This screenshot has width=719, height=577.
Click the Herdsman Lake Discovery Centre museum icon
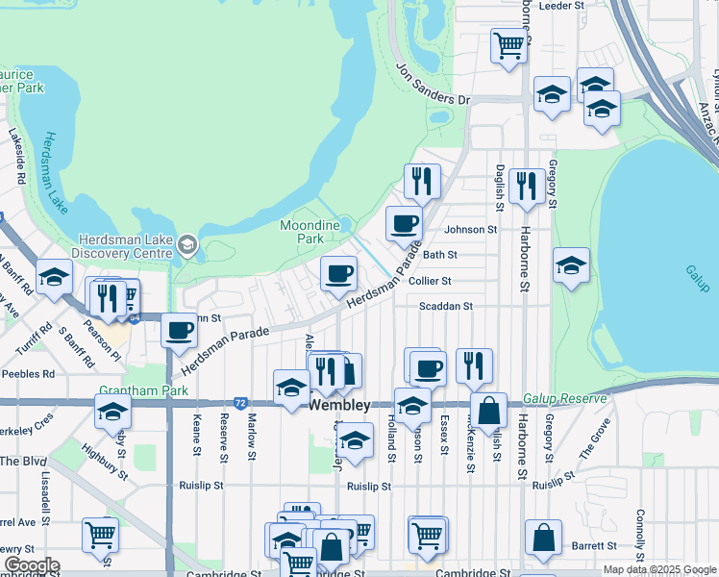[x=186, y=246]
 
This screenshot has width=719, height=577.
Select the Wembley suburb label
[x=339, y=407]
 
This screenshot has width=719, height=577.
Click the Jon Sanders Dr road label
[x=434, y=84]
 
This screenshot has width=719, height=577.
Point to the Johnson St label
[x=470, y=230]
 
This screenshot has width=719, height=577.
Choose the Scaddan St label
[x=447, y=306]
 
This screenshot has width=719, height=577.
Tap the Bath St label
[x=439, y=255]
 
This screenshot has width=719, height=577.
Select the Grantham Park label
[x=129, y=391]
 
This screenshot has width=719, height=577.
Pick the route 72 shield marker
[x=240, y=401]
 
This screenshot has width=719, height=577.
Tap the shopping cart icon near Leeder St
[x=508, y=43]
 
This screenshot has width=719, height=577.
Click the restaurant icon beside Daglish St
[x=526, y=185]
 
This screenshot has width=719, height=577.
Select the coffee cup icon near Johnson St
[x=404, y=223]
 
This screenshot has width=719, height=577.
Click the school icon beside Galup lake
[x=571, y=264]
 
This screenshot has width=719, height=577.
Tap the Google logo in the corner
[x=31, y=565]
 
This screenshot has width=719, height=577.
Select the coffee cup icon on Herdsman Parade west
[x=179, y=330]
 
